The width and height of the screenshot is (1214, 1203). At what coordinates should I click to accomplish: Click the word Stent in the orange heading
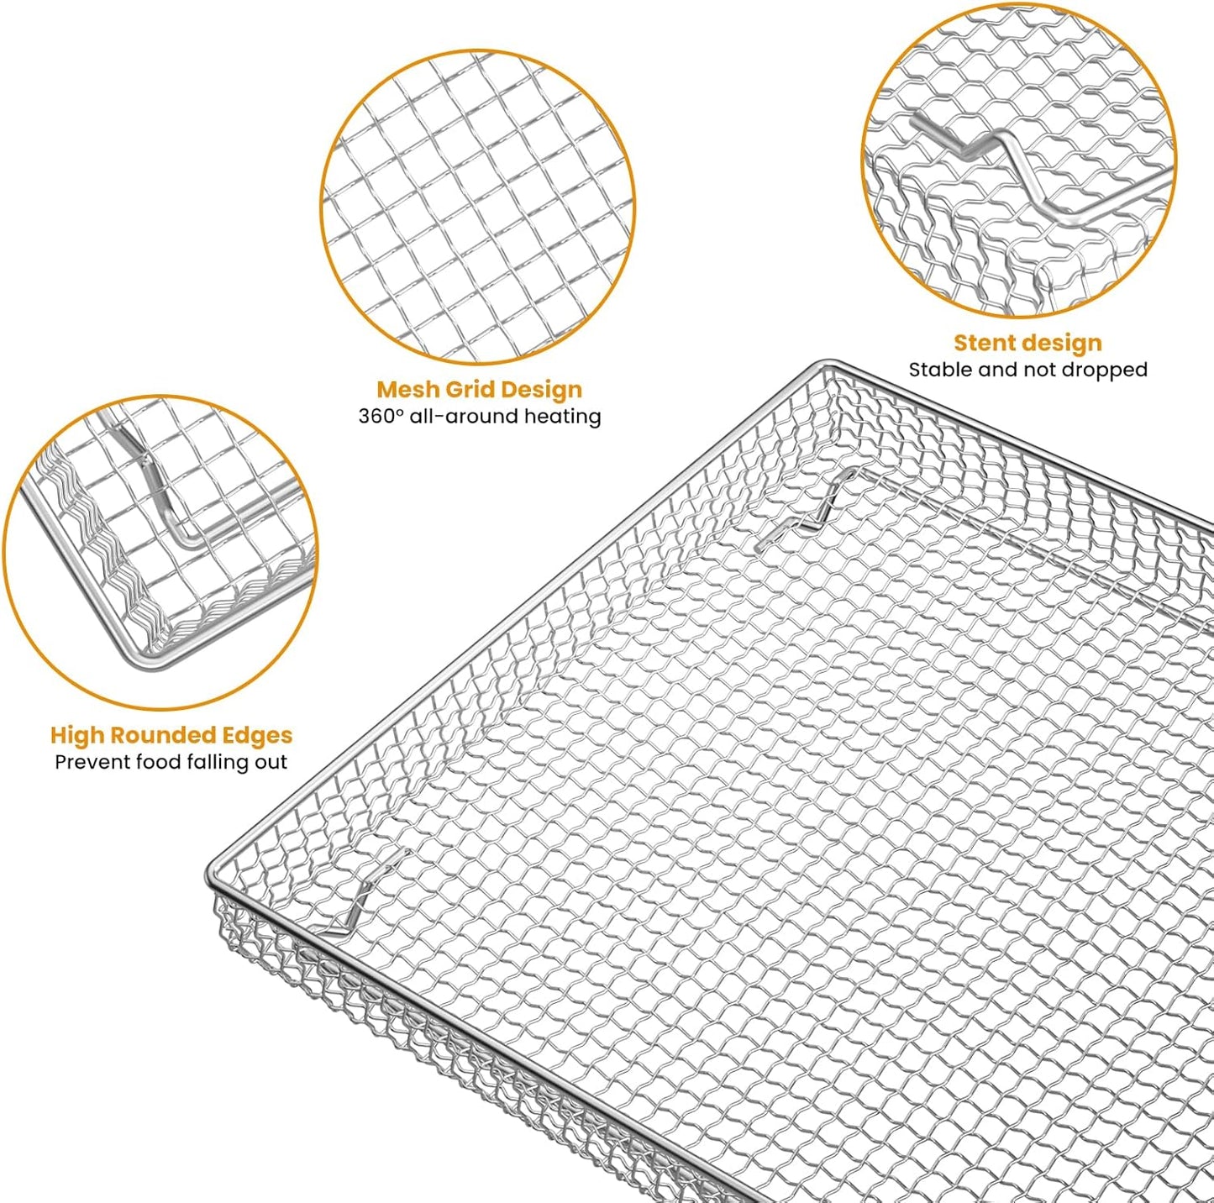click(984, 343)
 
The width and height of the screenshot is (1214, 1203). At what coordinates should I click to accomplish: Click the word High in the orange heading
click(77, 735)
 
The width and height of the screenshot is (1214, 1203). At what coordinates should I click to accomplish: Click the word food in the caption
click(153, 762)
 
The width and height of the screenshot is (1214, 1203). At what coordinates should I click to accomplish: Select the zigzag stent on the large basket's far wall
click(811, 508)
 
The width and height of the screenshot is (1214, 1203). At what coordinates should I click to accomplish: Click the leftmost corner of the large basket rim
click(210, 878)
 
